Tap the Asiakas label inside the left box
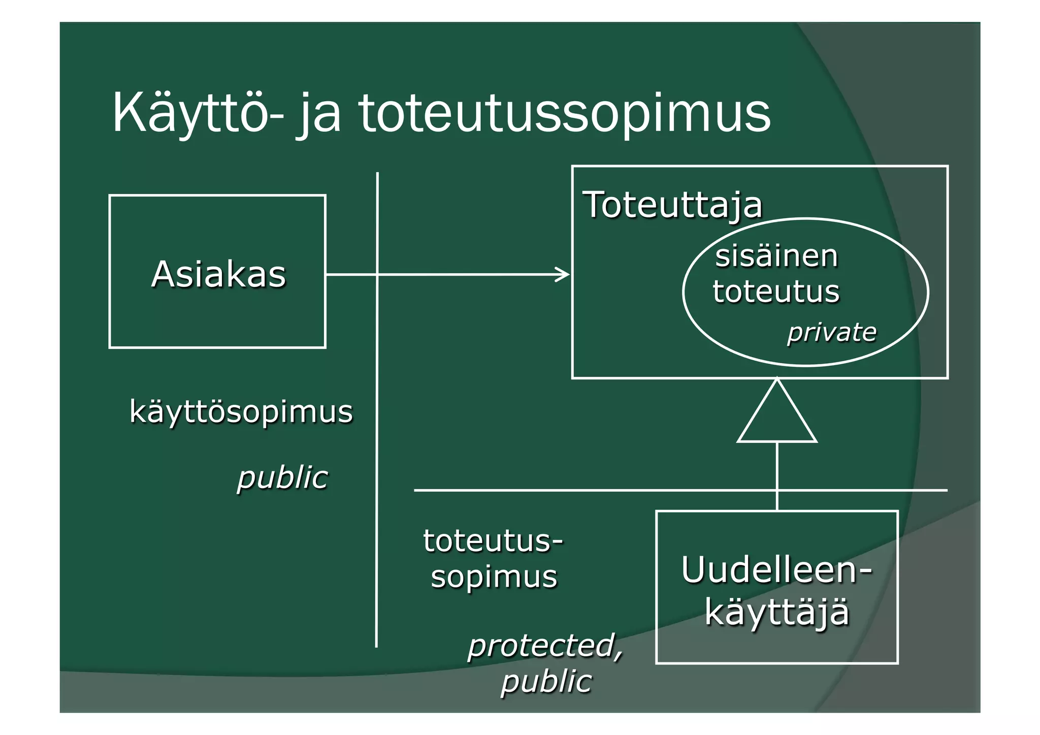pos(218,274)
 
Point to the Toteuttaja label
pos(672,205)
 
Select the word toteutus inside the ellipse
pos(776,292)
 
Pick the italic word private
pos(831,332)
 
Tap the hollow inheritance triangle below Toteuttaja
pos(777,414)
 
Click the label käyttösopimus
pos(241,411)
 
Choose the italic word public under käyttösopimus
pos(282,477)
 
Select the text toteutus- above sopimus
pos(493,540)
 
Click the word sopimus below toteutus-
pos(494,577)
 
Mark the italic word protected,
pos(545,645)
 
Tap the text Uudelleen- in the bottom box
pos(776,570)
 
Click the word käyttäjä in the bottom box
pos(776,612)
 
